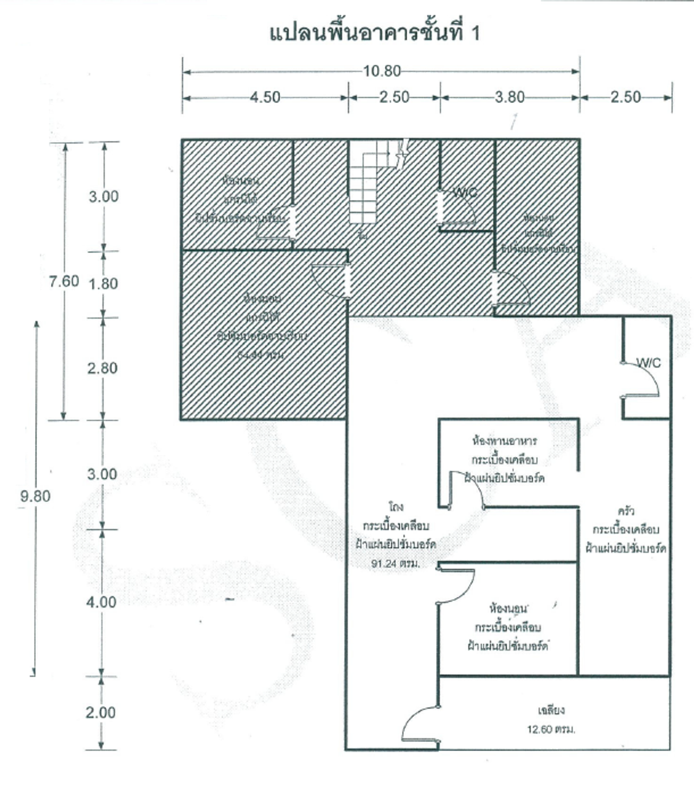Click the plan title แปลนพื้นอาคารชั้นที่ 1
coord(375,33)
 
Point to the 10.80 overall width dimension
coord(382,71)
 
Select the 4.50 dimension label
coord(265,97)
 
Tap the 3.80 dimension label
coord(510,97)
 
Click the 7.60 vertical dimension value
coord(64,281)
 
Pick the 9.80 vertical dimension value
coord(35,496)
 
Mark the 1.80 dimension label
coord(103,284)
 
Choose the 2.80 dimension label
coord(102,369)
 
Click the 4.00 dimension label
coord(101,602)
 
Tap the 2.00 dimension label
coord(100,712)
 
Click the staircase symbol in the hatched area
coord(363,187)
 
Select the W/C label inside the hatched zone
coord(465,192)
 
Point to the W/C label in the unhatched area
coord(648,363)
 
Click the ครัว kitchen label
coord(626,511)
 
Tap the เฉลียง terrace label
coord(551,710)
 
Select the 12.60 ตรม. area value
coord(551,729)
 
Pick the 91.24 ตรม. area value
coord(396,563)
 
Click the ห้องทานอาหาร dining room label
coord(504,441)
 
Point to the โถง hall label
coord(396,506)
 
